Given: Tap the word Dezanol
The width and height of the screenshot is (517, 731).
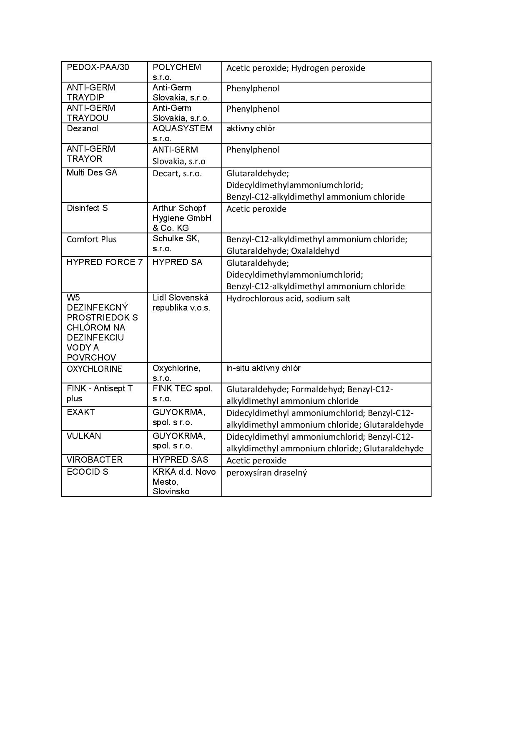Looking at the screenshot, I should point(82,128).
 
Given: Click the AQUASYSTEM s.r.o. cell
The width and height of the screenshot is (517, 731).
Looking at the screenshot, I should point(182,133).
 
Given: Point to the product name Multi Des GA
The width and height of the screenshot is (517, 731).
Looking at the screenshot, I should point(92,173).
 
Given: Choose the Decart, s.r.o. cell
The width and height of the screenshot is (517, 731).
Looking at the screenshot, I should point(177,173).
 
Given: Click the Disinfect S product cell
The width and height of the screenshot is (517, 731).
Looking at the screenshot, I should point(87,208).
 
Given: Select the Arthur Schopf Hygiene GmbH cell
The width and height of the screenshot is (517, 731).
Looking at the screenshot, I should point(182,218).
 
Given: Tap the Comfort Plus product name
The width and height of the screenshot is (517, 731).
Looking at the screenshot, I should point(92,239).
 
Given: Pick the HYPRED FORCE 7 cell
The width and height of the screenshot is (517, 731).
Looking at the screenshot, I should point(104,262).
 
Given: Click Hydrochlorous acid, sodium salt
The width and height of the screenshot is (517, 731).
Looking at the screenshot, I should point(288,298).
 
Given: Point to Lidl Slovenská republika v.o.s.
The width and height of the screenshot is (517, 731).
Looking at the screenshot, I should point(181,303).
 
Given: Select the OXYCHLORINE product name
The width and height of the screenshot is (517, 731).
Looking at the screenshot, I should point(94,369).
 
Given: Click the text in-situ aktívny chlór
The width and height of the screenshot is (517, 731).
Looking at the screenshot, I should point(263,368).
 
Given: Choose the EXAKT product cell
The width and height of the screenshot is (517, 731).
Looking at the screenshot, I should point(80,412).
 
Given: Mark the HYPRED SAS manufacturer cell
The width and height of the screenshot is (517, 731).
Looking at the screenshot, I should point(180,460).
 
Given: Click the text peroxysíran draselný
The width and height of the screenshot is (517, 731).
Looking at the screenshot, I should point(266,473).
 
